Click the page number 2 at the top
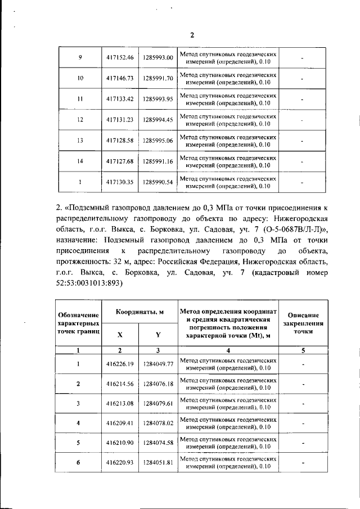[192, 35]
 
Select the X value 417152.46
[120, 58]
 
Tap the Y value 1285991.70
[157, 78]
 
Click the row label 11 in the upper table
[80, 99]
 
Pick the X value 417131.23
[120, 120]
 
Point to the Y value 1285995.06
[157, 140]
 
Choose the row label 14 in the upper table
[80, 161]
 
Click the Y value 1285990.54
[157, 182]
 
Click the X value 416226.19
[120, 364]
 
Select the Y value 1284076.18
[157, 384]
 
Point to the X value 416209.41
[120, 423]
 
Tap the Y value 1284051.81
[157, 462]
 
